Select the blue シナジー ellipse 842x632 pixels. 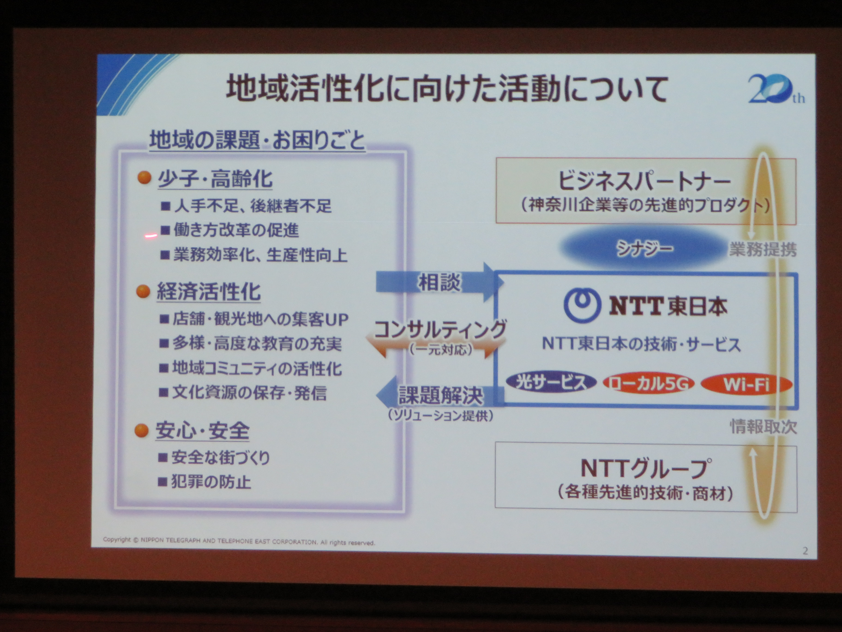[x=643, y=248]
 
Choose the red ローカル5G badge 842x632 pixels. [x=648, y=384]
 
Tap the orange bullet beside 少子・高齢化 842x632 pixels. [x=144, y=178]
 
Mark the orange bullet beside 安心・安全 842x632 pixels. [x=141, y=431]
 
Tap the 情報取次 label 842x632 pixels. [x=763, y=427]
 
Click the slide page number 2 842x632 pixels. [x=805, y=550]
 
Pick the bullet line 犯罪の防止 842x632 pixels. [x=205, y=482]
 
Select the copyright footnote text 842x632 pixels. [x=239, y=541]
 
